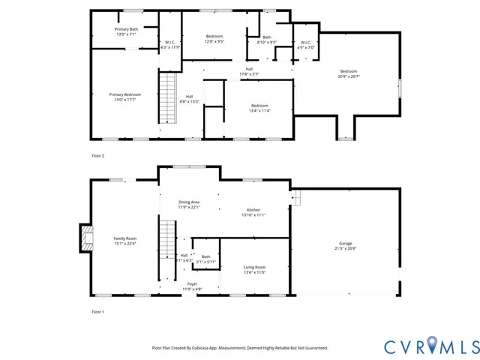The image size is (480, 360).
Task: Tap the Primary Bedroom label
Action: click(x=125, y=97)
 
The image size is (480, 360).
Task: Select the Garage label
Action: click(x=346, y=245)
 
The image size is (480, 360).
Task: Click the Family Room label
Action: click(x=125, y=240)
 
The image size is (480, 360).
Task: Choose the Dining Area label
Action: click(x=189, y=204)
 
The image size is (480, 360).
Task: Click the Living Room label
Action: click(x=255, y=269)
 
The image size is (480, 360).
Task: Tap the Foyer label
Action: click(x=192, y=286)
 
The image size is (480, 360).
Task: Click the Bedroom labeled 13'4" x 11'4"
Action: click(x=259, y=108)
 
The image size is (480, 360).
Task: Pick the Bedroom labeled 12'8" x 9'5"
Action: click(x=214, y=38)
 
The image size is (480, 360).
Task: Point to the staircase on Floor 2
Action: click(x=166, y=97)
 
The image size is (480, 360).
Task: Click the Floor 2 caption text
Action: click(x=98, y=155)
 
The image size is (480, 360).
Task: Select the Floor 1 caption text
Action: click(x=98, y=311)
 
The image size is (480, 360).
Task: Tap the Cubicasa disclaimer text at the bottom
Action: click(x=240, y=348)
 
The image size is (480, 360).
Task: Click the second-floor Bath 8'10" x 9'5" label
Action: click(x=267, y=40)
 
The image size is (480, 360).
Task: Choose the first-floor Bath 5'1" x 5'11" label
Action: click(x=206, y=259)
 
